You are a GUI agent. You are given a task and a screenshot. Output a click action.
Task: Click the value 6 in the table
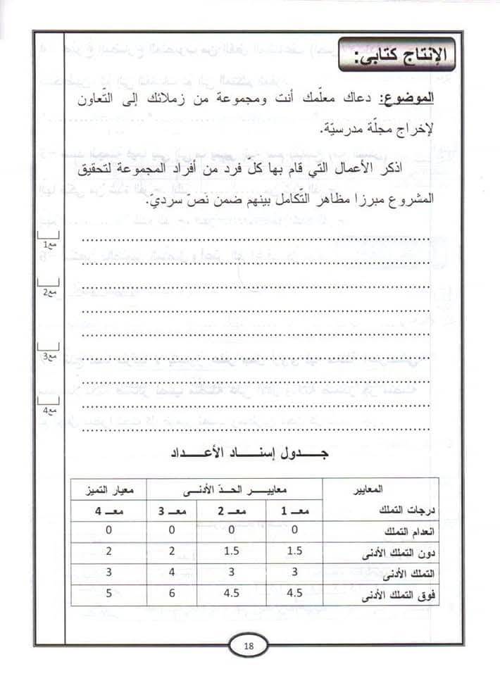click(x=172, y=593)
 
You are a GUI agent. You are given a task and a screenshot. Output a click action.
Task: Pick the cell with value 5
click(x=109, y=593)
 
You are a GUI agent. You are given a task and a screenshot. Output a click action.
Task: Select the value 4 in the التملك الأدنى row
click(x=172, y=572)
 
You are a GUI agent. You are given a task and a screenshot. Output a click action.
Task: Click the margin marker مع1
click(x=49, y=244)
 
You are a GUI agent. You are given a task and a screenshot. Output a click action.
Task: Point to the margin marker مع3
click(x=49, y=357)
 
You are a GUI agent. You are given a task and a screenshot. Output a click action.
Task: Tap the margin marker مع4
click(x=49, y=409)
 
